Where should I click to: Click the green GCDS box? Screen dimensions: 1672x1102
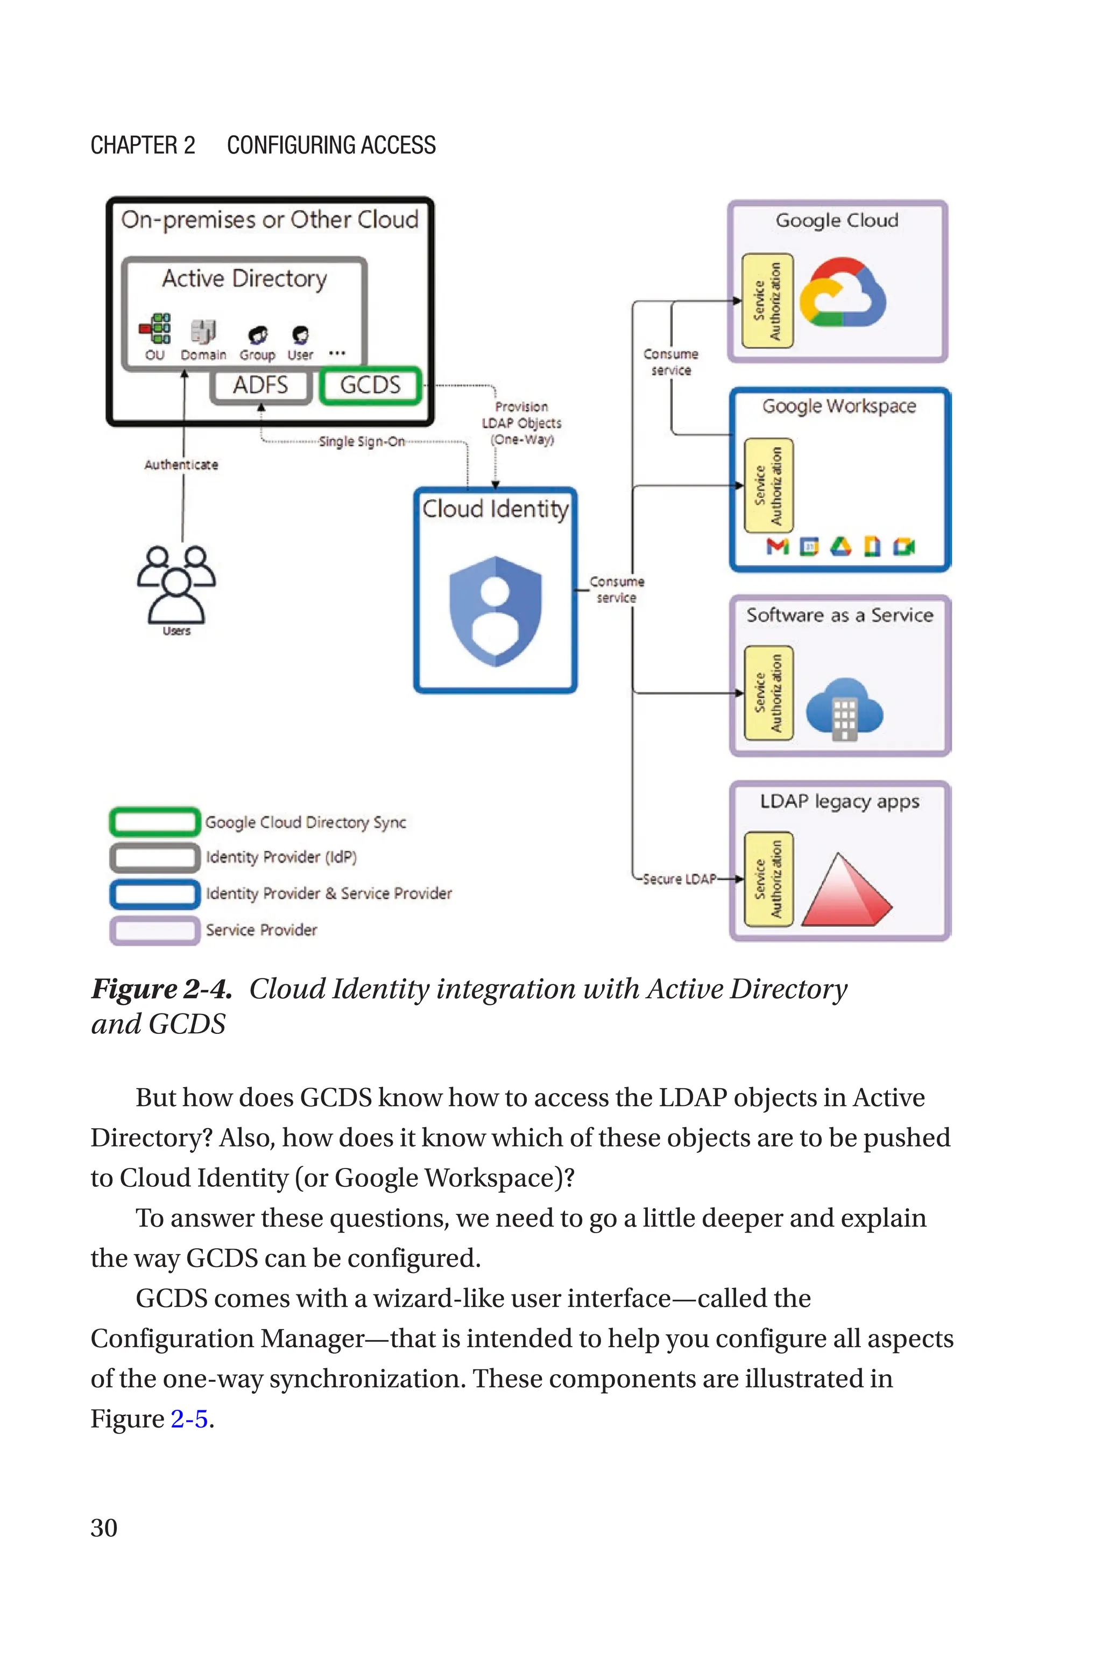tap(370, 386)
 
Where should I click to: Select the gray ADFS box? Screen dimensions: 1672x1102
tap(261, 386)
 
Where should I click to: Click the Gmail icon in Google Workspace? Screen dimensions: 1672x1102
tap(778, 547)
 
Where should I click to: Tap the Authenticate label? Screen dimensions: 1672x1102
tap(181, 465)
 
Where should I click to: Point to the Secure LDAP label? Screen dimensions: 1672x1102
tap(679, 879)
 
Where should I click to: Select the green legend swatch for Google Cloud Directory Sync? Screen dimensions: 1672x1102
tap(154, 821)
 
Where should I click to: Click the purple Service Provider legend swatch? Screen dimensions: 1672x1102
tap(154, 930)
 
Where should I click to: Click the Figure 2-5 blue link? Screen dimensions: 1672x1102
tap(189, 1418)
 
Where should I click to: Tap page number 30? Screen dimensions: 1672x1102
tap(104, 1528)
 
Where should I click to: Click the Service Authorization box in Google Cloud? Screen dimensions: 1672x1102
tap(767, 301)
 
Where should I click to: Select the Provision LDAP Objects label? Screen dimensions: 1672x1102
tap(521, 423)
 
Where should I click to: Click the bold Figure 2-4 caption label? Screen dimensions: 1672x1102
tap(161, 989)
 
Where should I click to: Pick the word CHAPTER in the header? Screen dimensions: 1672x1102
tap(133, 145)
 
